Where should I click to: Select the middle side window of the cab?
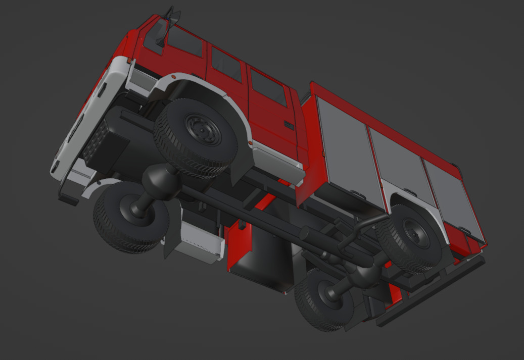226,65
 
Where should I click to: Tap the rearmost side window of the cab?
268,87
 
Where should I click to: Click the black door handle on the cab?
289,125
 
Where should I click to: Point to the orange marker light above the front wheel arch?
173,77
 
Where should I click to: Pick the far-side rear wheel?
323,300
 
